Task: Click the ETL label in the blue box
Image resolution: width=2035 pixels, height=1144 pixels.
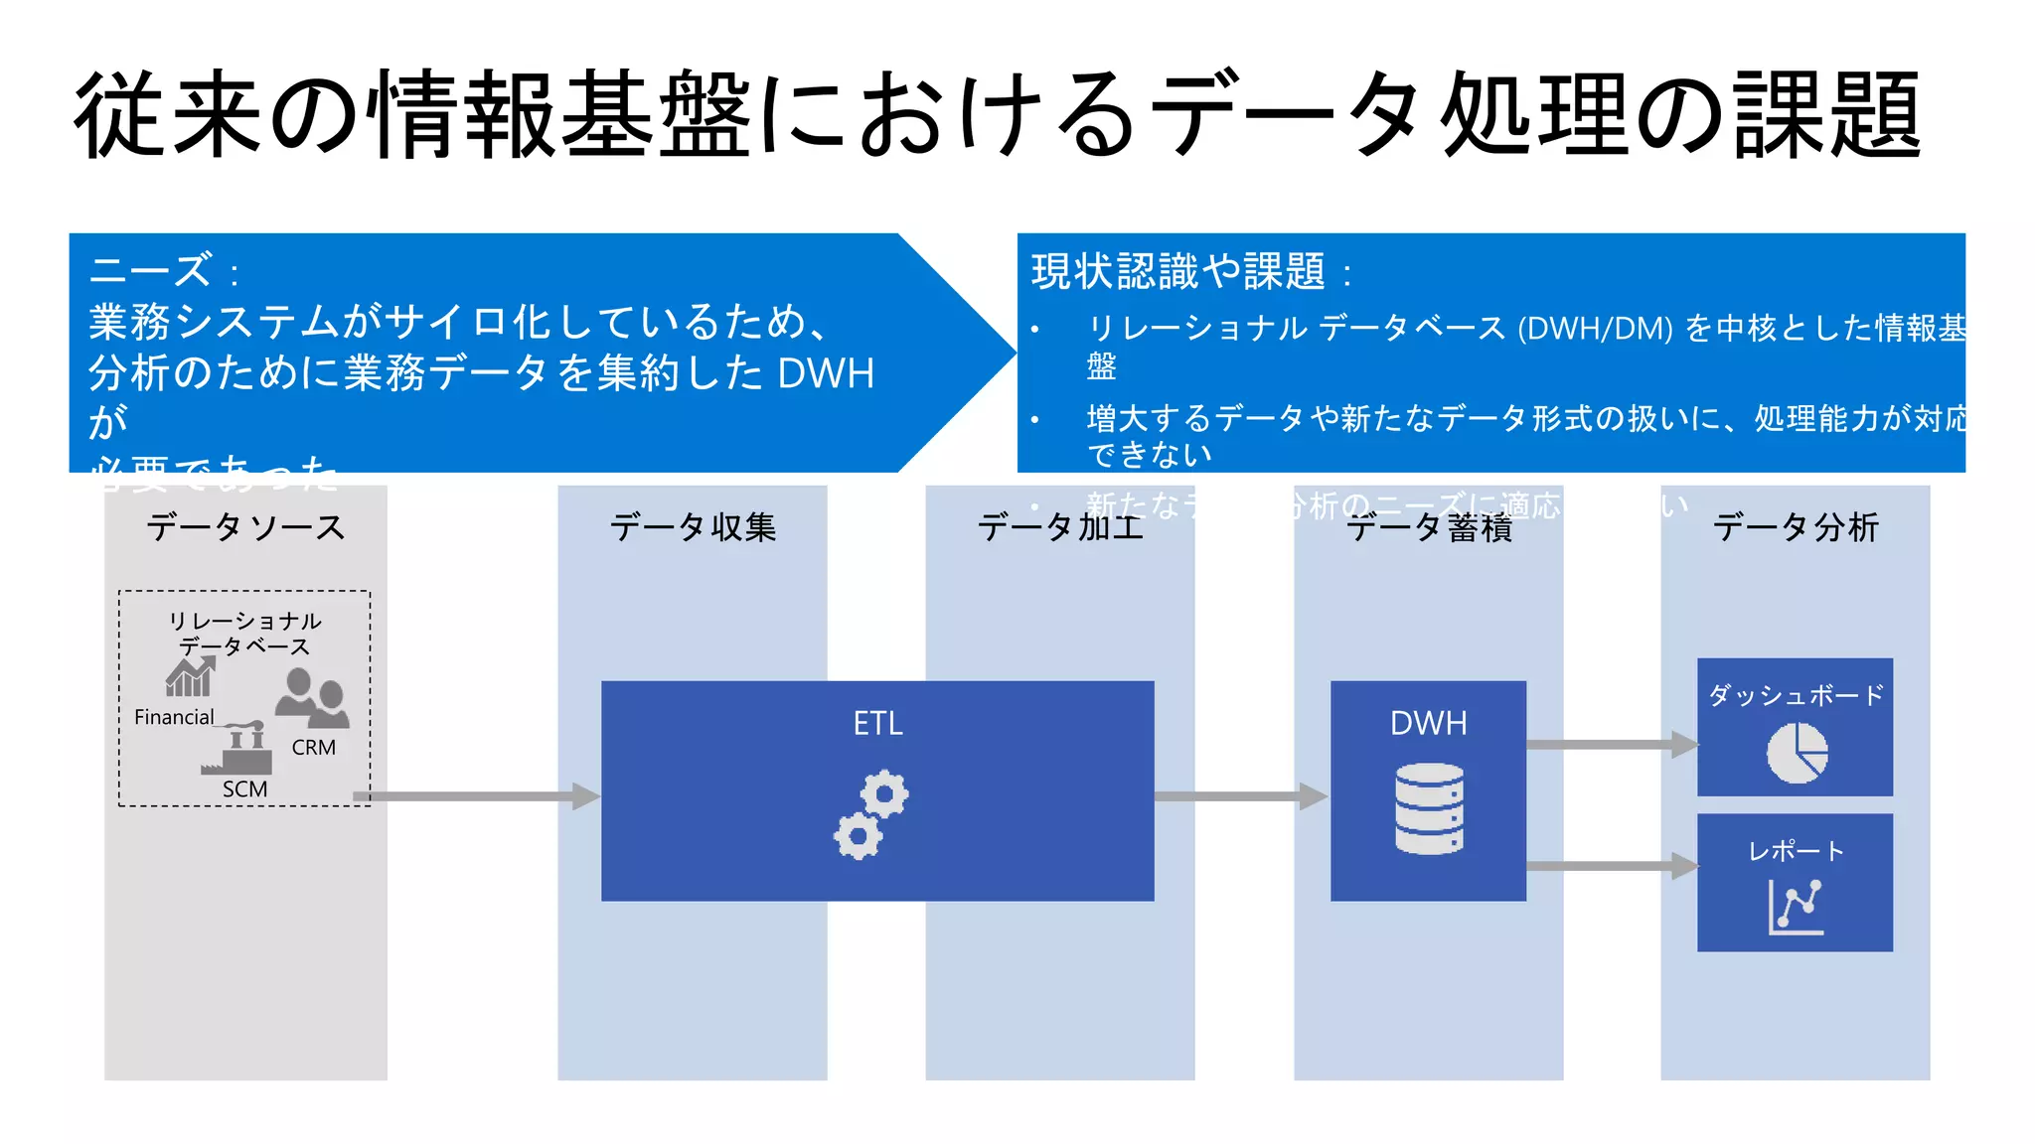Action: click(877, 723)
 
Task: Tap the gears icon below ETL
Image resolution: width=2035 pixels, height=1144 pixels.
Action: click(870, 814)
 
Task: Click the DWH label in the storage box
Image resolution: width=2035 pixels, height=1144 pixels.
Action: click(1428, 723)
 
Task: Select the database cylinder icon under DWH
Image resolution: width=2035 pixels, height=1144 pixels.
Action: click(1429, 808)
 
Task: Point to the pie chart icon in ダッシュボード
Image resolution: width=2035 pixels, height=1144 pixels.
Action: click(1797, 753)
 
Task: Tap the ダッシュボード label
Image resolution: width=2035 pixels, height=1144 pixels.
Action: click(1796, 695)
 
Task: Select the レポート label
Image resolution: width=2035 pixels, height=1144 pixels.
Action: click(1796, 851)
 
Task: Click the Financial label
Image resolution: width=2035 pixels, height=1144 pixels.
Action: click(174, 717)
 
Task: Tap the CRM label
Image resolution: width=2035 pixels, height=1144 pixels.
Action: click(313, 747)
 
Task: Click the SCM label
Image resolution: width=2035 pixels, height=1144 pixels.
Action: click(244, 788)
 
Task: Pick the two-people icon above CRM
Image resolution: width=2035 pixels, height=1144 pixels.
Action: click(311, 698)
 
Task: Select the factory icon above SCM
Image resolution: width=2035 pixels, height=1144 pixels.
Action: click(238, 749)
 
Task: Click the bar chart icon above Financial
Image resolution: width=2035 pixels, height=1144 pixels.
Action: click(190, 677)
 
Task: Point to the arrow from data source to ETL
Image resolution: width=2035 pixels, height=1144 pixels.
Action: click(477, 796)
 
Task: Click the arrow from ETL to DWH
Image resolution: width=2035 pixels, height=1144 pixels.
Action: click(1240, 796)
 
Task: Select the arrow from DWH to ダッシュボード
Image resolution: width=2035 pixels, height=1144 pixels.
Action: click(1610, 745)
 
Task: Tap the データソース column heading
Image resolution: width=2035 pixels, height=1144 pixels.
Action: click(245, 527)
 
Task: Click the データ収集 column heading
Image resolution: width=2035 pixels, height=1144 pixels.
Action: click(693, 527)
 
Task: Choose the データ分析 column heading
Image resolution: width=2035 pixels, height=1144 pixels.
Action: click(1796, 527)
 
